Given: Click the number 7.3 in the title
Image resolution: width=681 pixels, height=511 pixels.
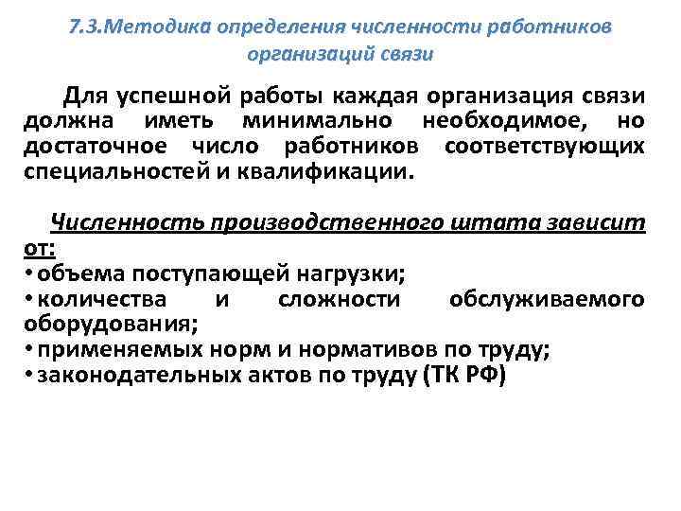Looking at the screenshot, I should (88, 26).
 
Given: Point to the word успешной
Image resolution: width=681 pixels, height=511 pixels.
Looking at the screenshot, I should (176, 97).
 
